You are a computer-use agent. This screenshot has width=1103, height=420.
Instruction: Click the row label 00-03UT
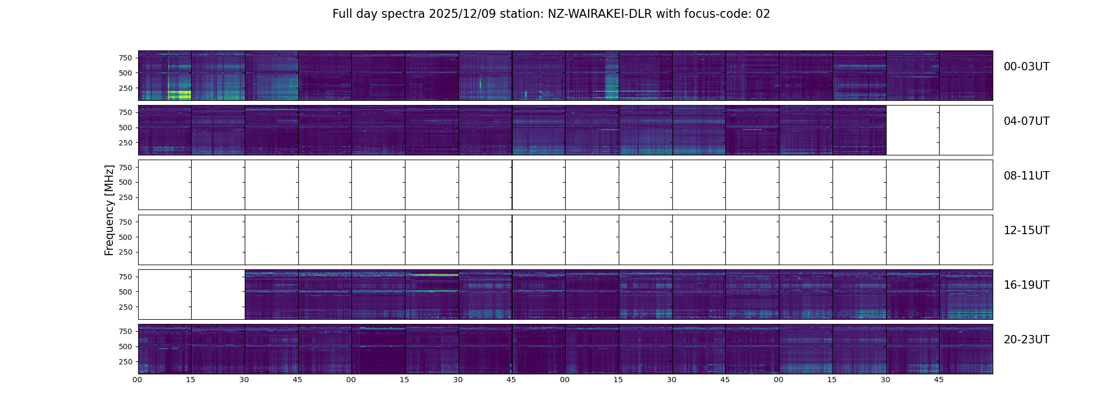1026,67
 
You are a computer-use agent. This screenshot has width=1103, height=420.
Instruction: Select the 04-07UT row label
1026,121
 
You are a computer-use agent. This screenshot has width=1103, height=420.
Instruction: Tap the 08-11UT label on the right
1026,176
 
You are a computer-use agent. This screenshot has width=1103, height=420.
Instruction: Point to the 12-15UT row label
1026,230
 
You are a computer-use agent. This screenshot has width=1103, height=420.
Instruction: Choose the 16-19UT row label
1026,285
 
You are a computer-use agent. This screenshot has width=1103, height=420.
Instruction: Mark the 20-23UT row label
1026,340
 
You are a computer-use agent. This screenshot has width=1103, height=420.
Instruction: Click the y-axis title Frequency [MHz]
109,210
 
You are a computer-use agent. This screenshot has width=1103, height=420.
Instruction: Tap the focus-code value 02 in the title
763,14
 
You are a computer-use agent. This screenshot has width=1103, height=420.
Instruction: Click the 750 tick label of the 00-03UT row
126,58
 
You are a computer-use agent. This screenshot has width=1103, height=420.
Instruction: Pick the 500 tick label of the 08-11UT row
126,182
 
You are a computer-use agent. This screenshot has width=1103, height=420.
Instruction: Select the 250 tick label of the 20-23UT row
126,362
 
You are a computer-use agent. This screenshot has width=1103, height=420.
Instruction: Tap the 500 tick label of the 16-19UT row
126,292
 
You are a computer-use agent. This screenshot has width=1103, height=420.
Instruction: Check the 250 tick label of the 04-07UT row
126,143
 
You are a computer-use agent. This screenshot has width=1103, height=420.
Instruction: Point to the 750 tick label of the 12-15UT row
126,222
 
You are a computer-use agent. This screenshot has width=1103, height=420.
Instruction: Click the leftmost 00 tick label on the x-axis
138,380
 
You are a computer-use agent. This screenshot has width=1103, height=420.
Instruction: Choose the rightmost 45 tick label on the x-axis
939,380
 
